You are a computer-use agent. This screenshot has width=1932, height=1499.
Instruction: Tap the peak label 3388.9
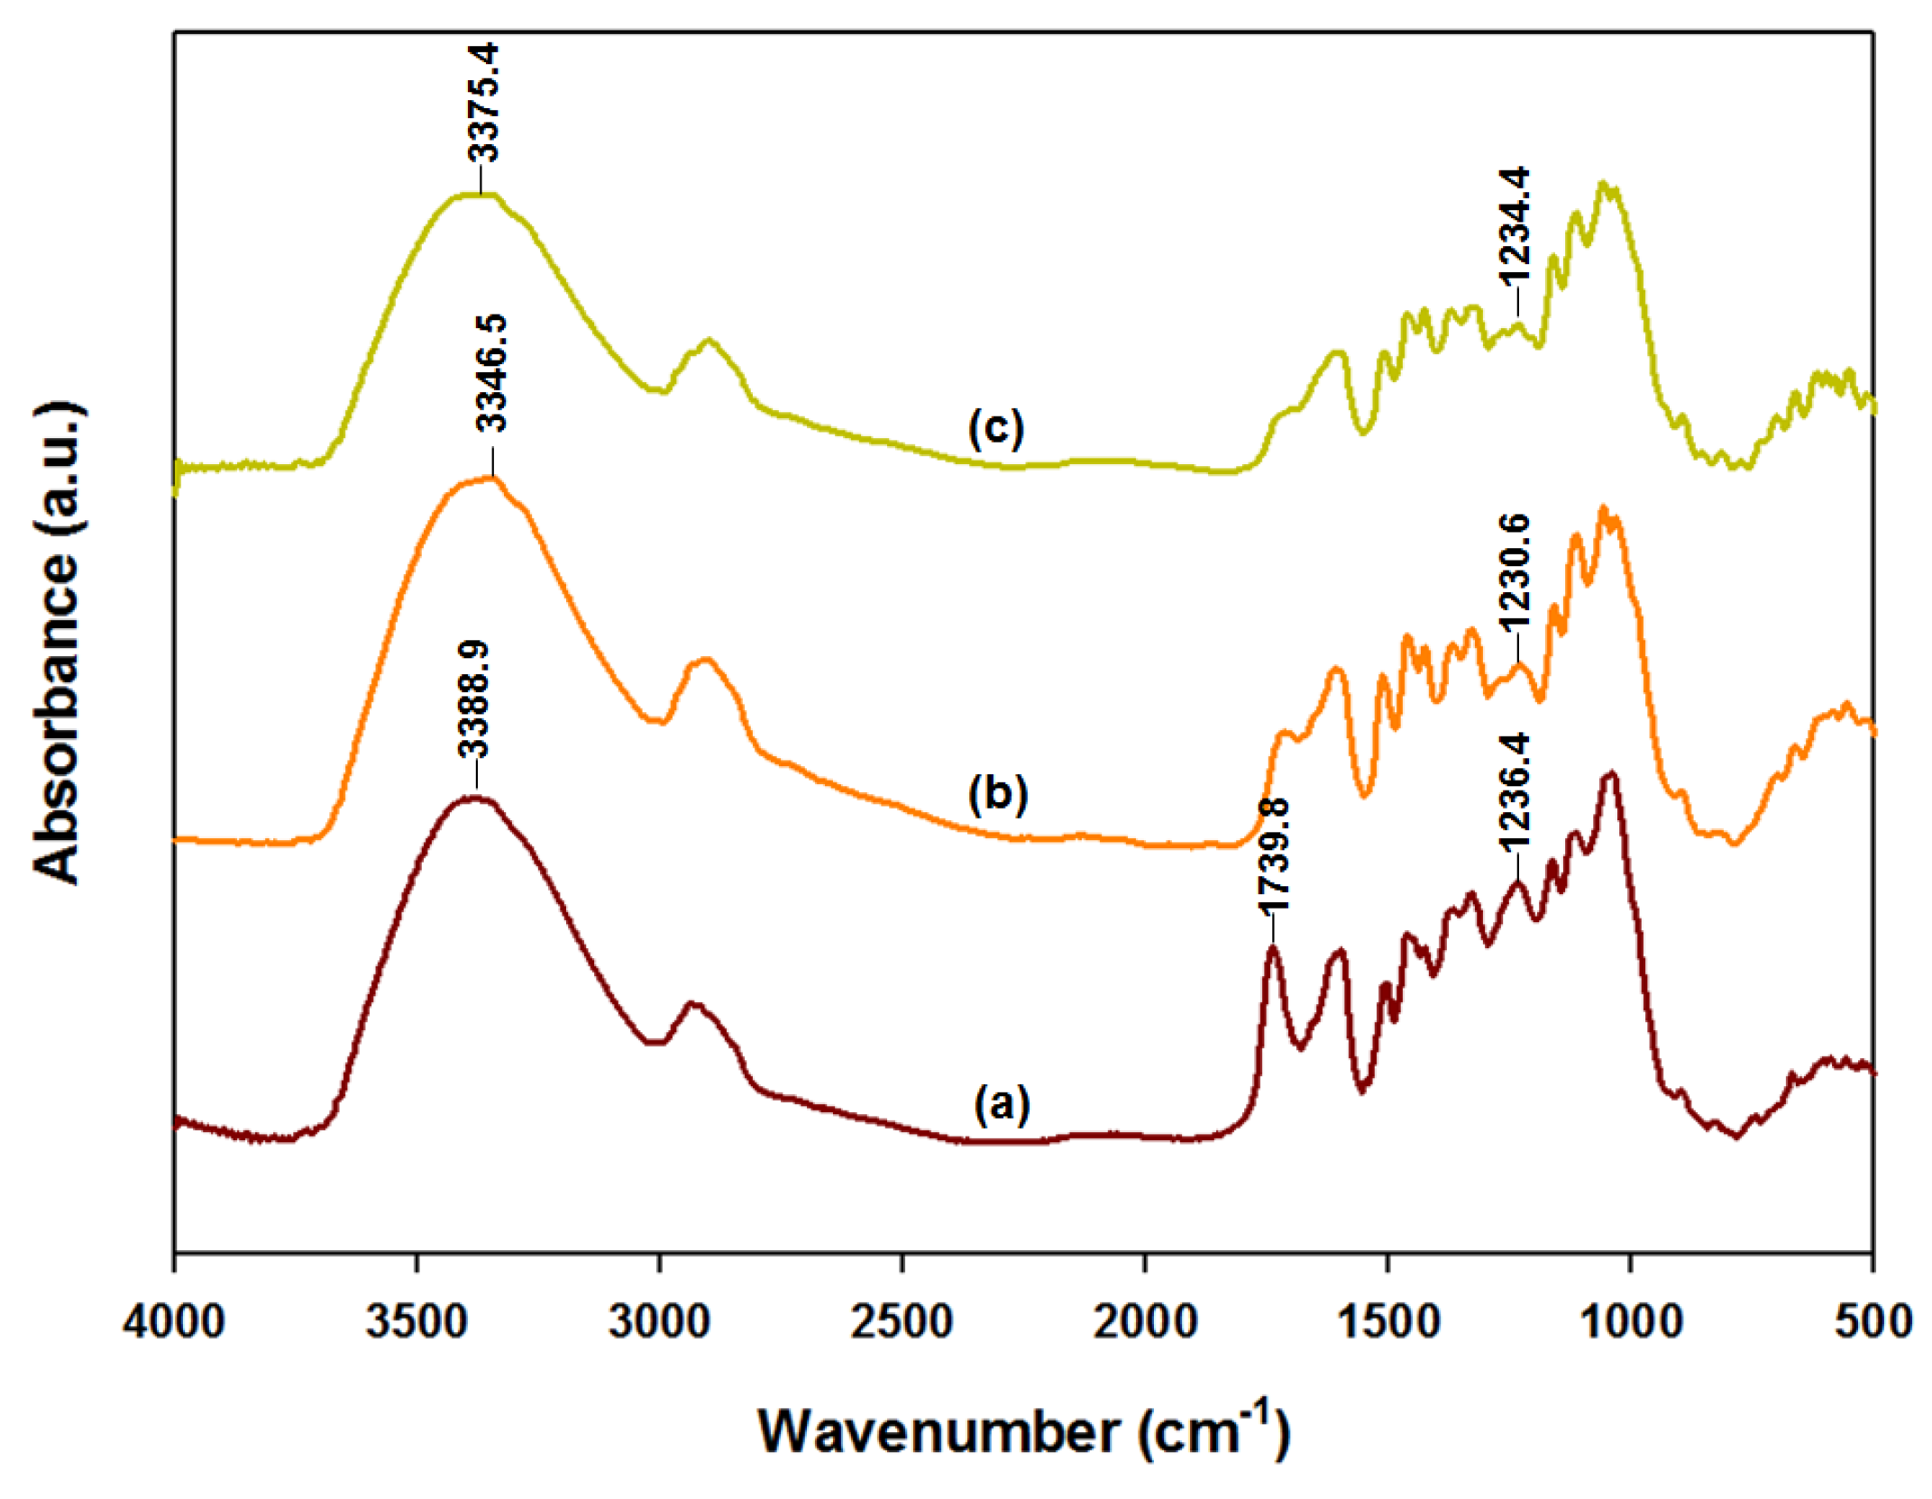tap(473, 700)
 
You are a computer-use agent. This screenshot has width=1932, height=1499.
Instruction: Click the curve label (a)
tap(1002, 1103)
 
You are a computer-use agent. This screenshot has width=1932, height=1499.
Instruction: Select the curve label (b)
tap(997, 794)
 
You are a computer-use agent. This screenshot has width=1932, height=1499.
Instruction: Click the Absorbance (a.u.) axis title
tap(58, 642)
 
